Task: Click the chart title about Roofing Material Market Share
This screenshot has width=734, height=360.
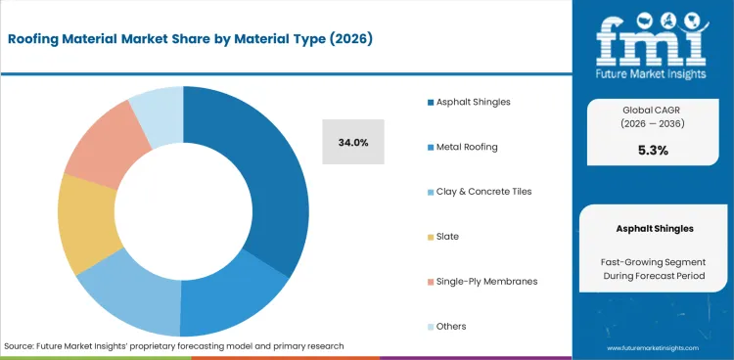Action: point(192,39)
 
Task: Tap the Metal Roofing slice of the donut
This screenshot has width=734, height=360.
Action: point(235,304)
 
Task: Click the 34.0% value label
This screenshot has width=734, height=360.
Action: point(353,143)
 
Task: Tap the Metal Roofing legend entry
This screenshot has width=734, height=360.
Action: point(455,147)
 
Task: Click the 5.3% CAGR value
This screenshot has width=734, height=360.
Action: point(652,150)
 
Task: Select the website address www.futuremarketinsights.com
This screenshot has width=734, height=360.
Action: point(652,347)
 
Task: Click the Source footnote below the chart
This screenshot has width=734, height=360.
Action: point(173,345)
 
